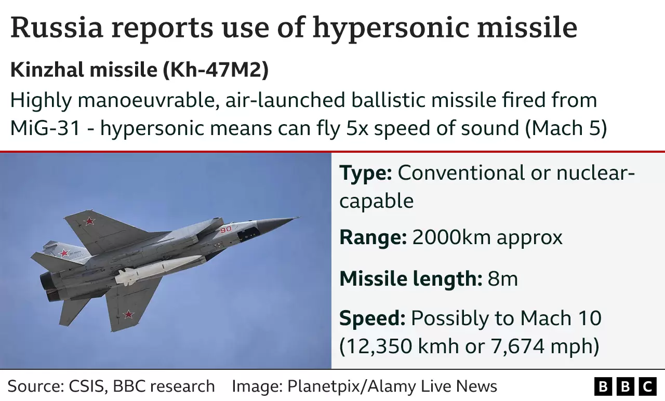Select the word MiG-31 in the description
pyautogui.click(x=45, y=128)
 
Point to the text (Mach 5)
pyautogui.click(x=566, y=128)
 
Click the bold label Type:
pyautogui.click(x=365, y=173)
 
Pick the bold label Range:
pyautogui.click(x=373, y=237)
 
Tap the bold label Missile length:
pyautogui.click(x=410, y=279)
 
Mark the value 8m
pyautogui.click(x=502, y=279)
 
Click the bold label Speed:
pyautogui.click(x=372, y=318)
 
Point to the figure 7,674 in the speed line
pyautogui.click(x=527, y=346)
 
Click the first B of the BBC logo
pyautogui.click(x=603, y=387)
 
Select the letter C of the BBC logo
pyautogui.click(x=648, y=387)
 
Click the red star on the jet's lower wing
pyautogui.click(x=128, y=314)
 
